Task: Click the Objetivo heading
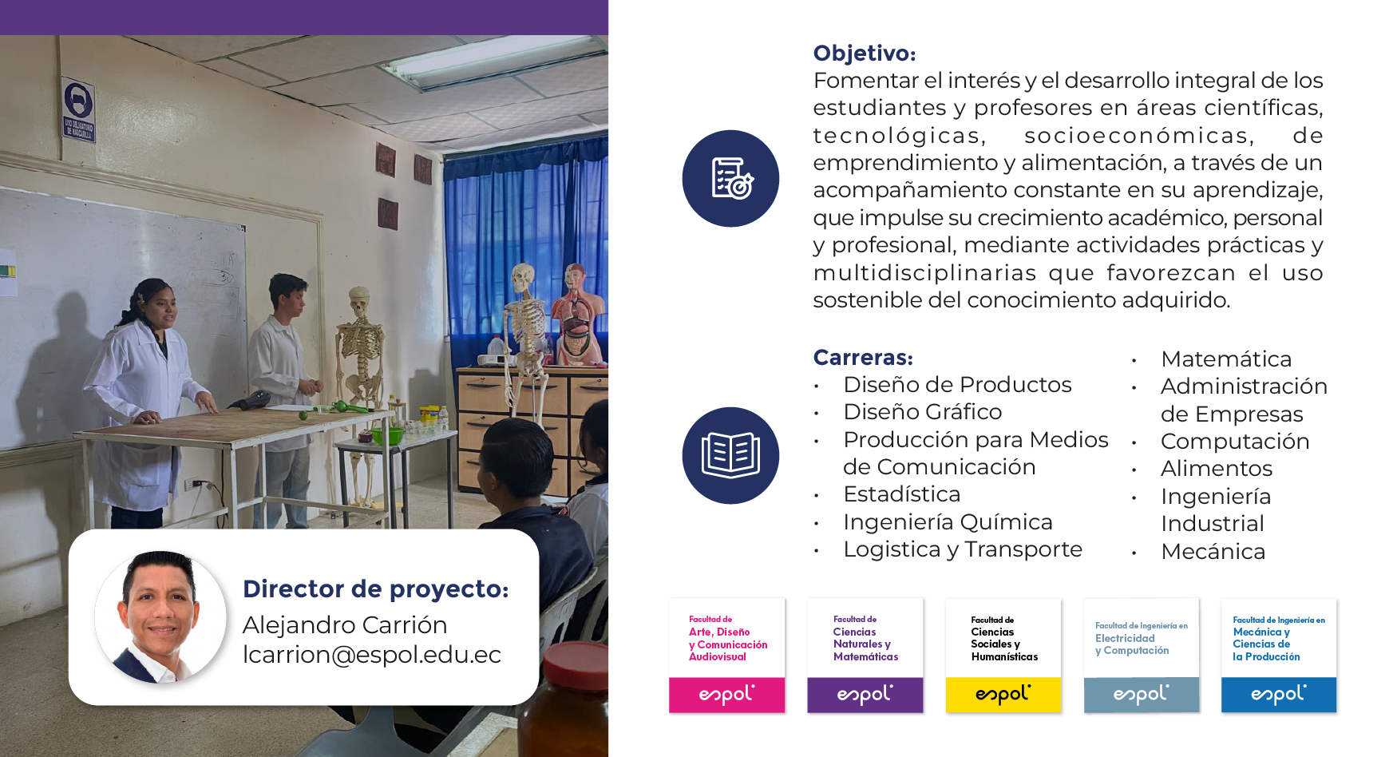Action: [864, 54]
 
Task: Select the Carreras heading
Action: [863, 357]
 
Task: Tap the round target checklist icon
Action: [730, 178]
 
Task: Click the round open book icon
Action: [730, 455]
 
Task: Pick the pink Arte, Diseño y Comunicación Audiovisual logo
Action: [727, 655]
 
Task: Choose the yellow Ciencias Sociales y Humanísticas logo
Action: [1003, 655]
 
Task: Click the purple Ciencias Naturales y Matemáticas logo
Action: [865, 655]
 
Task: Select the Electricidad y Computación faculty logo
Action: [1142, 655]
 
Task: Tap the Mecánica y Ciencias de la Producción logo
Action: [1279, 655]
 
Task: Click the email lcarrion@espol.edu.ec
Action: [372, 655]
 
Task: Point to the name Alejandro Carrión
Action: [345, 624]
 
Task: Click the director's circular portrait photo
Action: [160, 616]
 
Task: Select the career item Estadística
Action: [902, 494]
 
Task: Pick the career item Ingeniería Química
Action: [948, 522]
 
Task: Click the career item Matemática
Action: [1226, 359]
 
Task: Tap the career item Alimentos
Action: [1217, 468]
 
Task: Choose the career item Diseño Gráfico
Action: [923, 412]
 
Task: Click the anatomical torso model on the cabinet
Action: [575, 315]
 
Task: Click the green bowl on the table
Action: [388, 436]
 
